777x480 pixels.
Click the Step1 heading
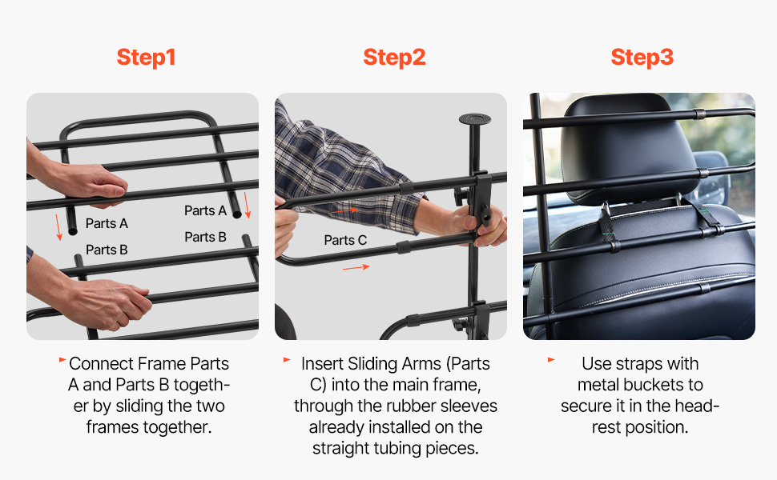(146, 58)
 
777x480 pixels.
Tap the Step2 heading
(394, 58)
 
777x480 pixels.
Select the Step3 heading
(642, 58)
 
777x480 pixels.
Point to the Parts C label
(345, 241)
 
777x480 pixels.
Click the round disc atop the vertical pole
(475, 118)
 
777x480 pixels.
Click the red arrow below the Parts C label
(356, 268)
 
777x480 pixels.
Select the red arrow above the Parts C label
(344, 210)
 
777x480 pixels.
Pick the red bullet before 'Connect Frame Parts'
(62, 360)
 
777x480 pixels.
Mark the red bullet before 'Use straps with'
(551, 360)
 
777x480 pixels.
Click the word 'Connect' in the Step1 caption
(101, 364)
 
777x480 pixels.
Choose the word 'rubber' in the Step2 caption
(413, 406)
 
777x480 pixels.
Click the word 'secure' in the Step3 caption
(586, 406)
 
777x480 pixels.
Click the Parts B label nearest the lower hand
(107, 250)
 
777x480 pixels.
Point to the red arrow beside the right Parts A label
(247, 205)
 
